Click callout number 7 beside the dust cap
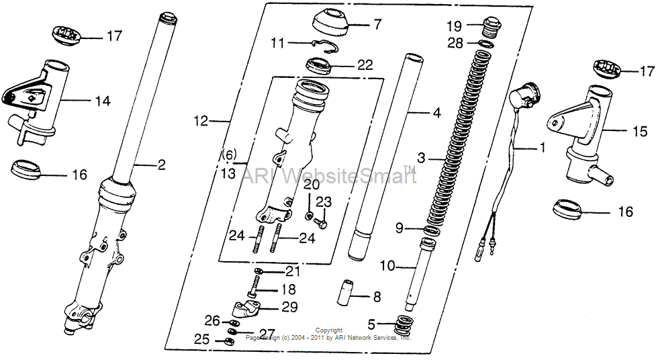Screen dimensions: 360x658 click(x=377, y=25)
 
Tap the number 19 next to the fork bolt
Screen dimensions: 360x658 click(x=455, y=27)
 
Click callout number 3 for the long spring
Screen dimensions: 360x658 click(x=421, y=159)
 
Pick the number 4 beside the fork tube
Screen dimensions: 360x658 click(x=436, y=114)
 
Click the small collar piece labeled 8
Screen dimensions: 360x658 click(x=346, y=294)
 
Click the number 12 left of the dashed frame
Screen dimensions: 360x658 click(x=201, y=122)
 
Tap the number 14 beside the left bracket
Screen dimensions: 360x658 click(x=102, y=101)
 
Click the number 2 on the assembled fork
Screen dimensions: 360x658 click(x=160, y=164)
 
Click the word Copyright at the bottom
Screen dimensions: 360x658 click(x=329, y=330)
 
